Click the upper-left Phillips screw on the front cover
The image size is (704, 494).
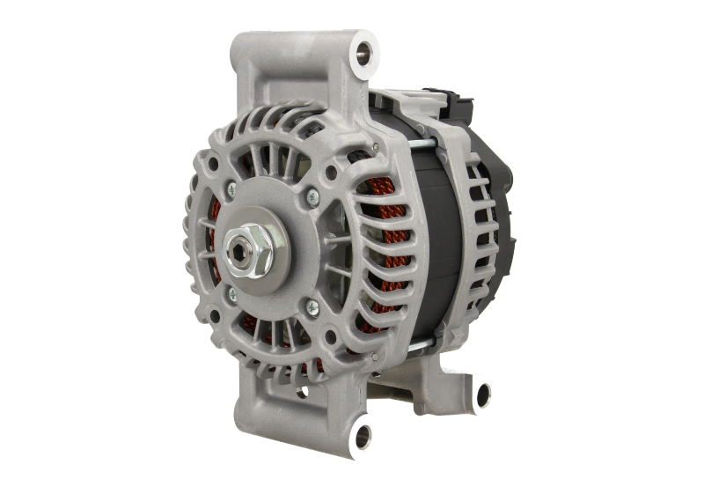pos(231,187)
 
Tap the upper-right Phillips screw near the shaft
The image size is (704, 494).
pos(312,198)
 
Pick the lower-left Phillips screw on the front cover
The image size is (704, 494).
pos(231,294)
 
